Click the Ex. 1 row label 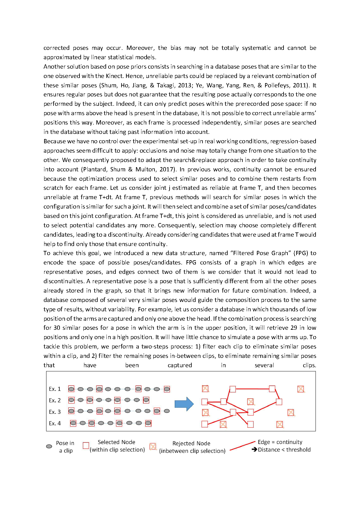tap(55, 389)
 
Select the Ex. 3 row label tap(55, 412)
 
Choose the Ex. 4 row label tap(55, 423)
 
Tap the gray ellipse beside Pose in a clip tap(49, 446)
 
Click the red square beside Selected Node tap(86, 446)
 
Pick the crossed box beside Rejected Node tap(153, 446)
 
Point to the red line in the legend tap(242, 446)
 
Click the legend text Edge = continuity tap(280, 442)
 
